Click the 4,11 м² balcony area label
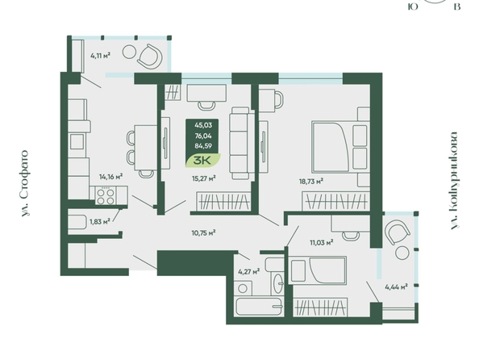[100, 56]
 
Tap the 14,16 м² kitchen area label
[111, 177]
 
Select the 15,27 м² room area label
[204, 178]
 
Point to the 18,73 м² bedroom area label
[311, 182]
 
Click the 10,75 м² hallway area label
[204, 233]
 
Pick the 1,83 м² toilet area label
[99, 222]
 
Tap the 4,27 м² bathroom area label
[249, 271]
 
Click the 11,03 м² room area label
[322, 243]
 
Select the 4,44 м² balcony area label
[396, 287]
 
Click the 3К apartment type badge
[203, 161]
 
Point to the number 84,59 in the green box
[203, 146]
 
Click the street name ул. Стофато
[26, 183]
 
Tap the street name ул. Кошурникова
[455, 181]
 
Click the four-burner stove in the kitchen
[106, 196]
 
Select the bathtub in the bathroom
[259, 306]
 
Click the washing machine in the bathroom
[244, 288]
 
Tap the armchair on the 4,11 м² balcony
[150, 56]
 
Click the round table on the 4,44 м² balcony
[402, 253]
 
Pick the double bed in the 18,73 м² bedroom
[339, 147]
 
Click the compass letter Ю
[413, 6]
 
